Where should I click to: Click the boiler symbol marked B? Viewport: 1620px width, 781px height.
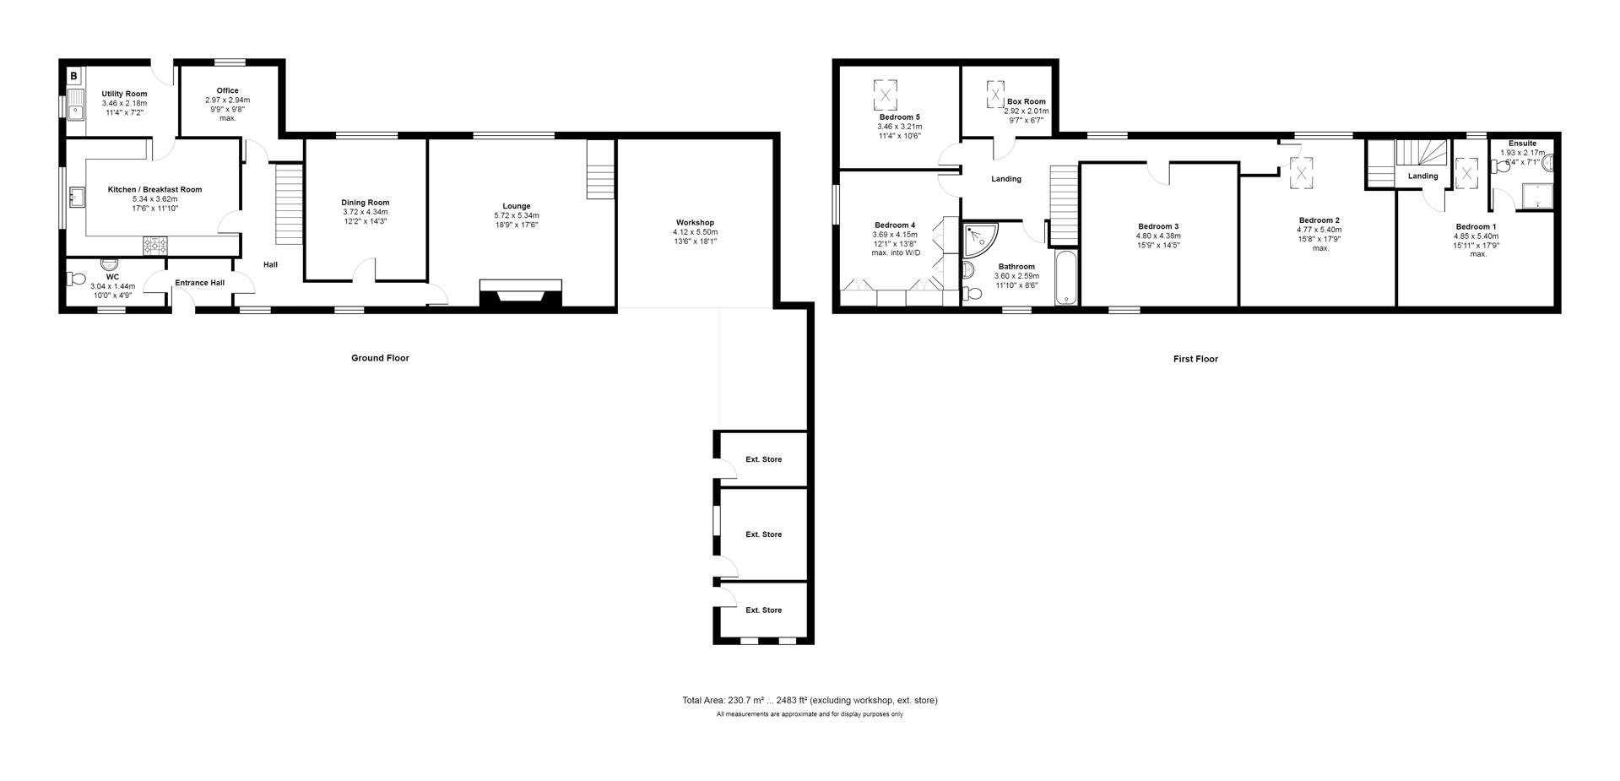(74, 77)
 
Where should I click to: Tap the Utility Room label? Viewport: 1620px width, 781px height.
(124, 94)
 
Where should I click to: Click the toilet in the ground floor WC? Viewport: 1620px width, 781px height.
(77, 278)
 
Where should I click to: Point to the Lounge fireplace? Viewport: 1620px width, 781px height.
(520, 295)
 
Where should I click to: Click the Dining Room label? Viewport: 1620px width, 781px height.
(366, 203)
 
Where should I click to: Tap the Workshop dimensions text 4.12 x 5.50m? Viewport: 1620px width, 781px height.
(695, 232)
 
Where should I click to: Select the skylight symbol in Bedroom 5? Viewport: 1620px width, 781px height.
(886, 95)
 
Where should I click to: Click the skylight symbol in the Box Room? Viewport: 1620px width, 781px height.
(996, 94)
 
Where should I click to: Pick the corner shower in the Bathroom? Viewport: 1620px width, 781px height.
(978, 240)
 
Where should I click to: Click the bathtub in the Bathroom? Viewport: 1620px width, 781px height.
(1066, 277)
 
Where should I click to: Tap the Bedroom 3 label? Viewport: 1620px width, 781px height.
(1158, 226)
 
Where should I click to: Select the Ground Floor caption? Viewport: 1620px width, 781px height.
(380, 358)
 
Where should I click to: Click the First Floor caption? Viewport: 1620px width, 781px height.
(1195, 359)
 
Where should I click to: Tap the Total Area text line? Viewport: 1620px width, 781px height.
(810, 700)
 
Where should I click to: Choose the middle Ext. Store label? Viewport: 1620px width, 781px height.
(763, 534)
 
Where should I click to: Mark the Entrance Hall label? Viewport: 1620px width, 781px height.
(199, 283)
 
